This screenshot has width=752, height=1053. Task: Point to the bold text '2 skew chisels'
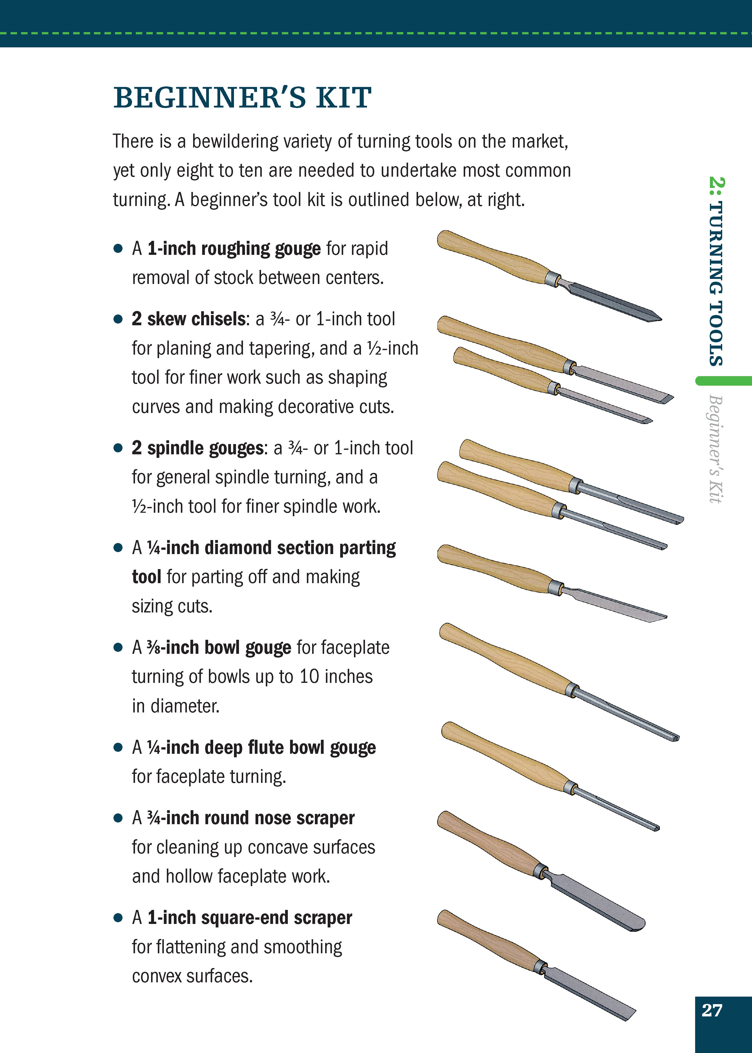click(x=188, y=319)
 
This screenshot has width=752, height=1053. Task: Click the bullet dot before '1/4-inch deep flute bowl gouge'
click(x=118, y=748)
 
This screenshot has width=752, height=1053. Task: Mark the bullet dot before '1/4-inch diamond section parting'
click(x=118, y=548)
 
